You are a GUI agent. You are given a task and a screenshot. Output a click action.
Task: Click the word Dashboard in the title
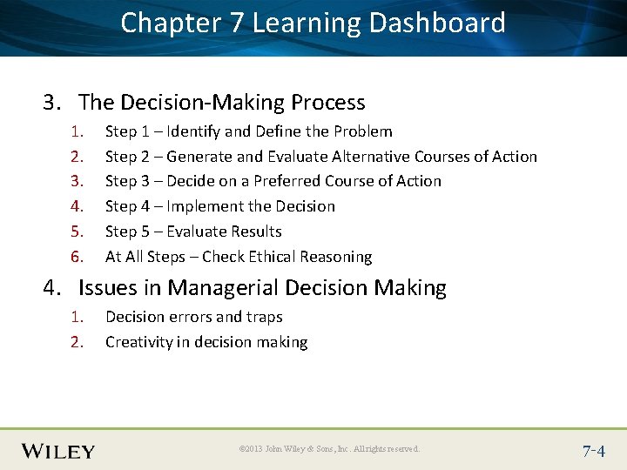coord(437,23)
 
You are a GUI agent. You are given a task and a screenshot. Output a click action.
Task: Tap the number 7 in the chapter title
coord(237,23)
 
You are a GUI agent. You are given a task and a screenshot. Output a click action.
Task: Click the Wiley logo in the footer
coord(58,450)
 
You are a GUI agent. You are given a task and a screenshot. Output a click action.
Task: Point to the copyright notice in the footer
coord(329,449)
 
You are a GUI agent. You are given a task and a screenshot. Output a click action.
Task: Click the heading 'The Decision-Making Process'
coord(221,103)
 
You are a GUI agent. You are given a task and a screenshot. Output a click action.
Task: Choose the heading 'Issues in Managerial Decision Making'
coord(262,288)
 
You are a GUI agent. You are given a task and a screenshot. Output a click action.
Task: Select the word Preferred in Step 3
coord(287,181)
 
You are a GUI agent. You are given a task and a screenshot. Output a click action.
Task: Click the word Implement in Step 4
coord(206,206)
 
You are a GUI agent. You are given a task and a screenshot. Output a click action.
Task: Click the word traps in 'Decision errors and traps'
coord(264,317)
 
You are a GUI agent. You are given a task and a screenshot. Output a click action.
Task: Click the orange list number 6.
coord(76,257)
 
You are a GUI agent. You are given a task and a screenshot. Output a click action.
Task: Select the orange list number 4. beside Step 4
coord(76,206)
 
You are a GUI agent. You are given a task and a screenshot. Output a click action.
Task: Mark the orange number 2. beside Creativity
coord(76,342)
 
